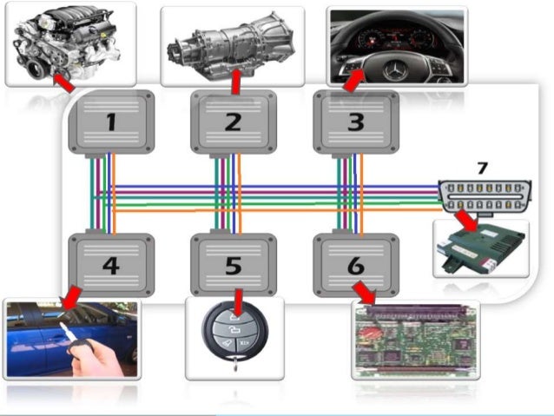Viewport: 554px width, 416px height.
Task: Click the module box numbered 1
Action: coord(110,122)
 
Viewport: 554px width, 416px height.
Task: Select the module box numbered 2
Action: coord(233,122)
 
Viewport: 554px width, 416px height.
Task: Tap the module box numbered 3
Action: coord(355,122)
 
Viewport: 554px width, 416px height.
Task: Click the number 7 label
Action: coord(484,168)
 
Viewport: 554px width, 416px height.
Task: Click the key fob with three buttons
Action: coord(234,340)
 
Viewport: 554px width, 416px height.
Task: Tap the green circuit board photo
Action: coord(415,340)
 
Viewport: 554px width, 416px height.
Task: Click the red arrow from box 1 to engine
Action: coord(62,83)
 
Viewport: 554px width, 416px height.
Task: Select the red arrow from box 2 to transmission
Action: coord(234,82)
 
